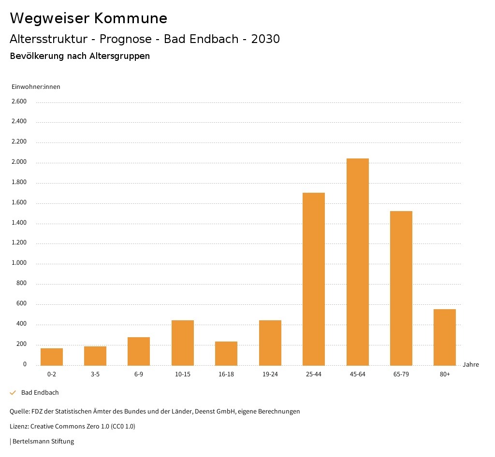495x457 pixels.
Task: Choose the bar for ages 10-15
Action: tap(183, 343)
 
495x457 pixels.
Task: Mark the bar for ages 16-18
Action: tap(226, 353)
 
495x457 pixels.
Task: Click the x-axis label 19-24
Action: tap(270, 374)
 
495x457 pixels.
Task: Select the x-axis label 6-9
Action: tap(139, 374)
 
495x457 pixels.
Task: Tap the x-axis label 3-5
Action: tap(95, 374)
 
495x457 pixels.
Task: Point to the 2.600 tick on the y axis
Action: tap(19, 101)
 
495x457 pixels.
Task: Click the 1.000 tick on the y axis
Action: tap(19, 263)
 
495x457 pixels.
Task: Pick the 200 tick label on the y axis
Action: tap(21, 344)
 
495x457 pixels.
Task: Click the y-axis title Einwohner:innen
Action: tap(36, 87)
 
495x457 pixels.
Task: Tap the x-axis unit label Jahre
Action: tap(470, 365)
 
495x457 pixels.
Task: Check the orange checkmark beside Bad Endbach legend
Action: tap(13, 393)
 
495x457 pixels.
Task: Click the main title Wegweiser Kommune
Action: tap(88, 18)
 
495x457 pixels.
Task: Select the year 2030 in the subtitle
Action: tap(265, 39)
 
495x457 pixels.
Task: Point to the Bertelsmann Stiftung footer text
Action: tap(43, 441)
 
